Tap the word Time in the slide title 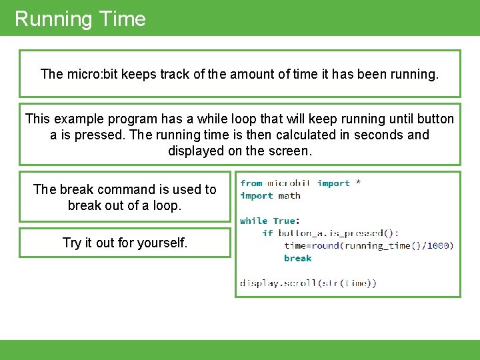click(x=121, y=19)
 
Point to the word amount click(x=252, y=74)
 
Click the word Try click(x=73, y=243)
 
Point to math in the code click(x=289, y=195)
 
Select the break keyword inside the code click(x=297, y=258)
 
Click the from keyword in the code click(x=251, y=183)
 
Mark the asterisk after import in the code click(x=359, y=183)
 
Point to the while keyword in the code click(x=253, y=221)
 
